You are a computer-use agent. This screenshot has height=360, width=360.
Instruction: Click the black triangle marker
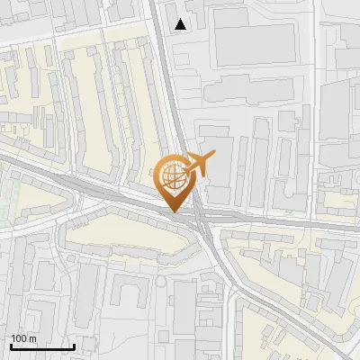[182, 24]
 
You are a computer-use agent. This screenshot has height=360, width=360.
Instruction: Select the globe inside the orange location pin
[173, 176]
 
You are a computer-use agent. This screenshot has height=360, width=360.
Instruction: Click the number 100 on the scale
[20, 338]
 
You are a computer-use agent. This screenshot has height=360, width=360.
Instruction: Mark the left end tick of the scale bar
[11, 346]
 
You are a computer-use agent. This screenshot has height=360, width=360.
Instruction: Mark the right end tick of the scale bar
[74, 346]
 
